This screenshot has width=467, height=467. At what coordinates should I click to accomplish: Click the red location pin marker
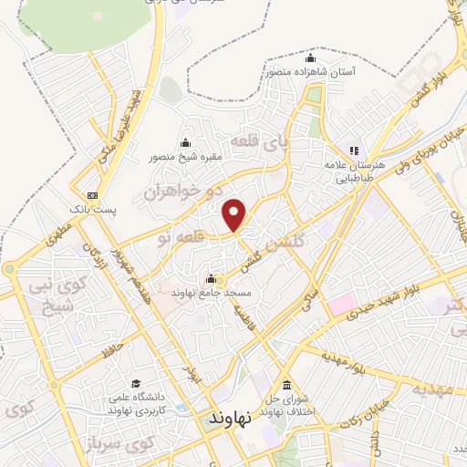click(236, 213)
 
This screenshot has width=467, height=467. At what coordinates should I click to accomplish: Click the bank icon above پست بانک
click(92, 195)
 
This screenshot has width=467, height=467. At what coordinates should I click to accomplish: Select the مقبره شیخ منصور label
click(186, 156)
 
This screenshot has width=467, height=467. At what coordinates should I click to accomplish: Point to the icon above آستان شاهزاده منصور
click(312, 58)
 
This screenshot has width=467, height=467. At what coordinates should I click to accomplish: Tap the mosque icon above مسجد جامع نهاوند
click(212, 278)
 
